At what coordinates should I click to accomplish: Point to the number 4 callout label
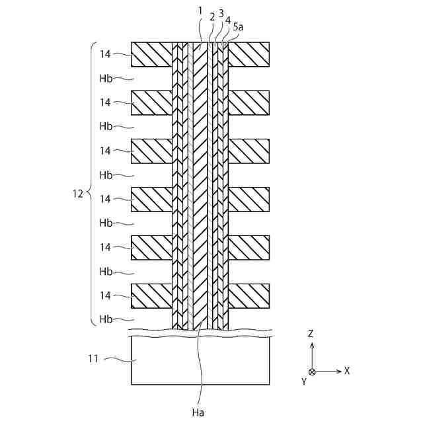point(228,21)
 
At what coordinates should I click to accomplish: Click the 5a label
point(237,28)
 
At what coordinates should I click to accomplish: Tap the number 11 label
point(93,359)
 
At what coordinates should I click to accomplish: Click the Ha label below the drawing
point(198,412)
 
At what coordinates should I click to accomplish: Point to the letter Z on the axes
point(311,334)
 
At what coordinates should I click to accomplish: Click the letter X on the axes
point(346,371)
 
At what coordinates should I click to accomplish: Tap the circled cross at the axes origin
point(312,371)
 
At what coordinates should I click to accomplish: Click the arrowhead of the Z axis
point(312,344)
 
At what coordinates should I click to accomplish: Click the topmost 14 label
point(104,54)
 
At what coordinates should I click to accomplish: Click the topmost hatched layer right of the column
point(249,54)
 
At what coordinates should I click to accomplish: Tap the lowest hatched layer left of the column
point(151,295)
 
